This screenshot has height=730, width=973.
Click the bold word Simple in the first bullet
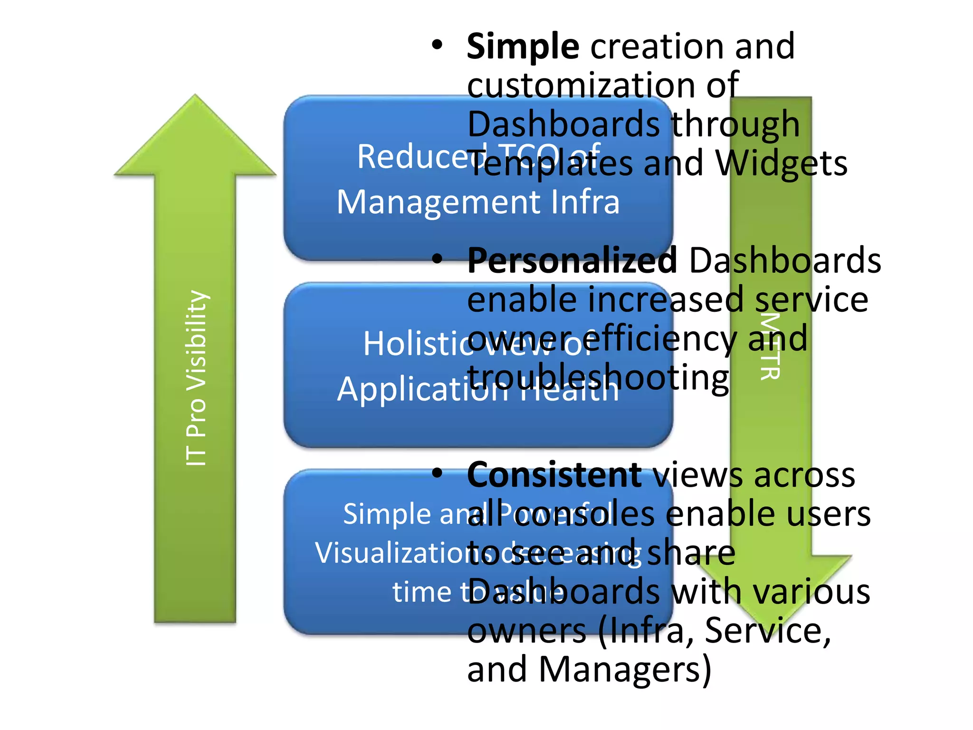(523, 47)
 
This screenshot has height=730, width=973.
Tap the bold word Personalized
(572, 261)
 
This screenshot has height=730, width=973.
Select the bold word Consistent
(554, 475)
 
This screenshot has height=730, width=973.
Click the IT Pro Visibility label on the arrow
(196, 378)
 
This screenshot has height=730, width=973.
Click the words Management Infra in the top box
(478, 202)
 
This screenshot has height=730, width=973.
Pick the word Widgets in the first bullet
(781, 163)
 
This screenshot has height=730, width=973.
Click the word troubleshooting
(598, 378)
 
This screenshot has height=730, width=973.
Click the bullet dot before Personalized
(437, 259)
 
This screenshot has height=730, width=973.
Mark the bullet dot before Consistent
(437, 473)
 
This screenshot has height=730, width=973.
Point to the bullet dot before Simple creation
(437, 46)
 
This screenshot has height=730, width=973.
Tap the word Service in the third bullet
(767, 630)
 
